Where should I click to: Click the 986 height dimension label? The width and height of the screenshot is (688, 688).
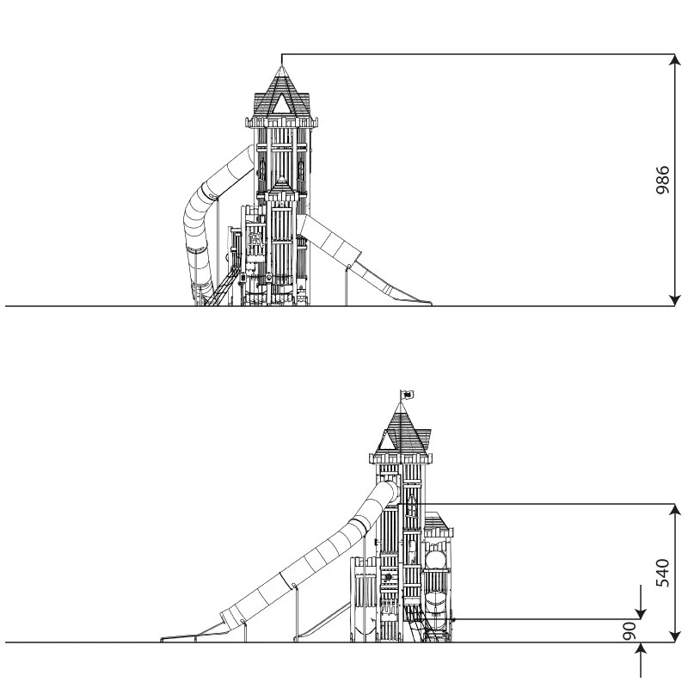click(662, 180)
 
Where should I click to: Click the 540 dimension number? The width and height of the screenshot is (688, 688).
click(662, 573)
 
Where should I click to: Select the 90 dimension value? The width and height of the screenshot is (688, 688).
click(630, 631)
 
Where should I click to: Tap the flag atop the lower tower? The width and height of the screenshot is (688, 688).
click(408, 395)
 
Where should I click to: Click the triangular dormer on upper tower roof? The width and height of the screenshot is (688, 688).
click(281, 104)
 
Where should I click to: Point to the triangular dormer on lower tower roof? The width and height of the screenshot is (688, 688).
click(387, 440)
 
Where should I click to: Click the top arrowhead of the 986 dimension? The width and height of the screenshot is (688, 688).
click(675, 59)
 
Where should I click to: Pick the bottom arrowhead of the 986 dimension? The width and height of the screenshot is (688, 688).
click(675, 300)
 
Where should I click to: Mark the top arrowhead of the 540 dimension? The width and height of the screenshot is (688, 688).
click(675, 509)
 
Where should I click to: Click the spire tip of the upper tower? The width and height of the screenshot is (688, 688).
click(281, 66)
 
